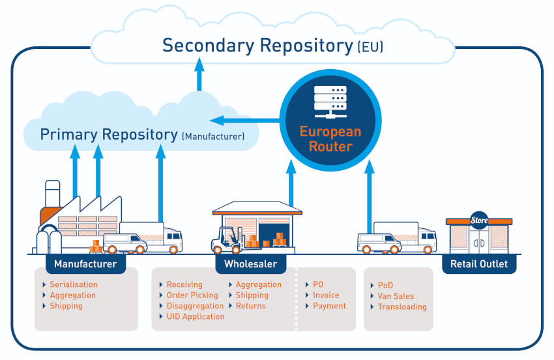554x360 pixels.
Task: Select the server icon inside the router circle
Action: (330, 98)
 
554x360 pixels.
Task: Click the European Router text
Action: (330, 139)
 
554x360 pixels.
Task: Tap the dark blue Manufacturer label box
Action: (85, 264)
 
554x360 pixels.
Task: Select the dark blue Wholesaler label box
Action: (250, 264)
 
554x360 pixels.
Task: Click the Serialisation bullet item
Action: (73, 285)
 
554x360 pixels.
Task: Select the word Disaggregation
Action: (195, 306)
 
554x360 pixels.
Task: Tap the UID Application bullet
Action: (195, 316)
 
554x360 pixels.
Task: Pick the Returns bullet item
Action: (250, 306)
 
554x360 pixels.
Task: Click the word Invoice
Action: (326, 295)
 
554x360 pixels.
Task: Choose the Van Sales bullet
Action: (396, 296)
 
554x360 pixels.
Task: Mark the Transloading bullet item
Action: (402, 307)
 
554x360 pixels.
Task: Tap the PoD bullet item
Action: (385, 286)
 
